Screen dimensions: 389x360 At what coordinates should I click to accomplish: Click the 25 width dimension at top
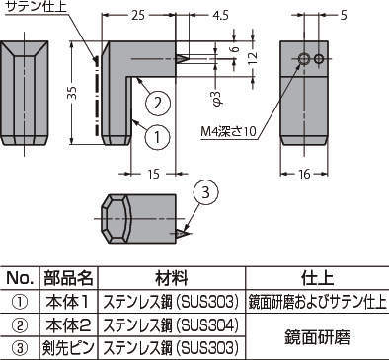click(x=138, y=15)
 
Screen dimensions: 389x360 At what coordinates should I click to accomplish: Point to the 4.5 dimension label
click(x=220, y=15)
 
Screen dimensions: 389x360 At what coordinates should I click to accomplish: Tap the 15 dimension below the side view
click(x=153, y=174)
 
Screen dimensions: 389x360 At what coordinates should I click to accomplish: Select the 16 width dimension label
click(x=304, y=174)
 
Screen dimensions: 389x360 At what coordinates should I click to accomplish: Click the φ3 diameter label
click(x=218, y=98)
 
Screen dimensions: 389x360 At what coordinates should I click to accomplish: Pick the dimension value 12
click(x=253, y=58)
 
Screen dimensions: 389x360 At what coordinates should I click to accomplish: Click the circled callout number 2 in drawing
click(x=158, y=103)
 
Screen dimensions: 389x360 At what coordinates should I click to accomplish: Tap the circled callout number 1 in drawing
click(x=157, y=136)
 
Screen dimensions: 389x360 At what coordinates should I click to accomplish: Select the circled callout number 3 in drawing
click(x=205, y=192)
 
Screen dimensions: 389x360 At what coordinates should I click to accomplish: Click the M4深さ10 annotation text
click(x=228, y=131)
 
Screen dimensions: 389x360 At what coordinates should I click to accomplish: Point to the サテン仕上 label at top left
click(x=37, y=7)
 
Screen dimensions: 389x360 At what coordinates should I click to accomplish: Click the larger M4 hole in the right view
click(x=304, y=59)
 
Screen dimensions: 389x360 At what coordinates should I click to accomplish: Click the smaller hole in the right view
click(x=318, y=59)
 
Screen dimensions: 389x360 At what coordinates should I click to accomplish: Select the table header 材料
click(x=172, y=278)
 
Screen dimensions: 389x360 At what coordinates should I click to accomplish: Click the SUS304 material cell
click(x=171, y=325)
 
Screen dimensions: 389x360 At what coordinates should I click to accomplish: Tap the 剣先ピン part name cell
click(x=68, y=348)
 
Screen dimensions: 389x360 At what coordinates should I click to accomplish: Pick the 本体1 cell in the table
click(x=68, y=302)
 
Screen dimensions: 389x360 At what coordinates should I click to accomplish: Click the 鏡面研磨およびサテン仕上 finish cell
click(x=317, y=302)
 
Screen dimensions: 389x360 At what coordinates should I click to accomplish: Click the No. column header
click(x=20, y=278)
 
